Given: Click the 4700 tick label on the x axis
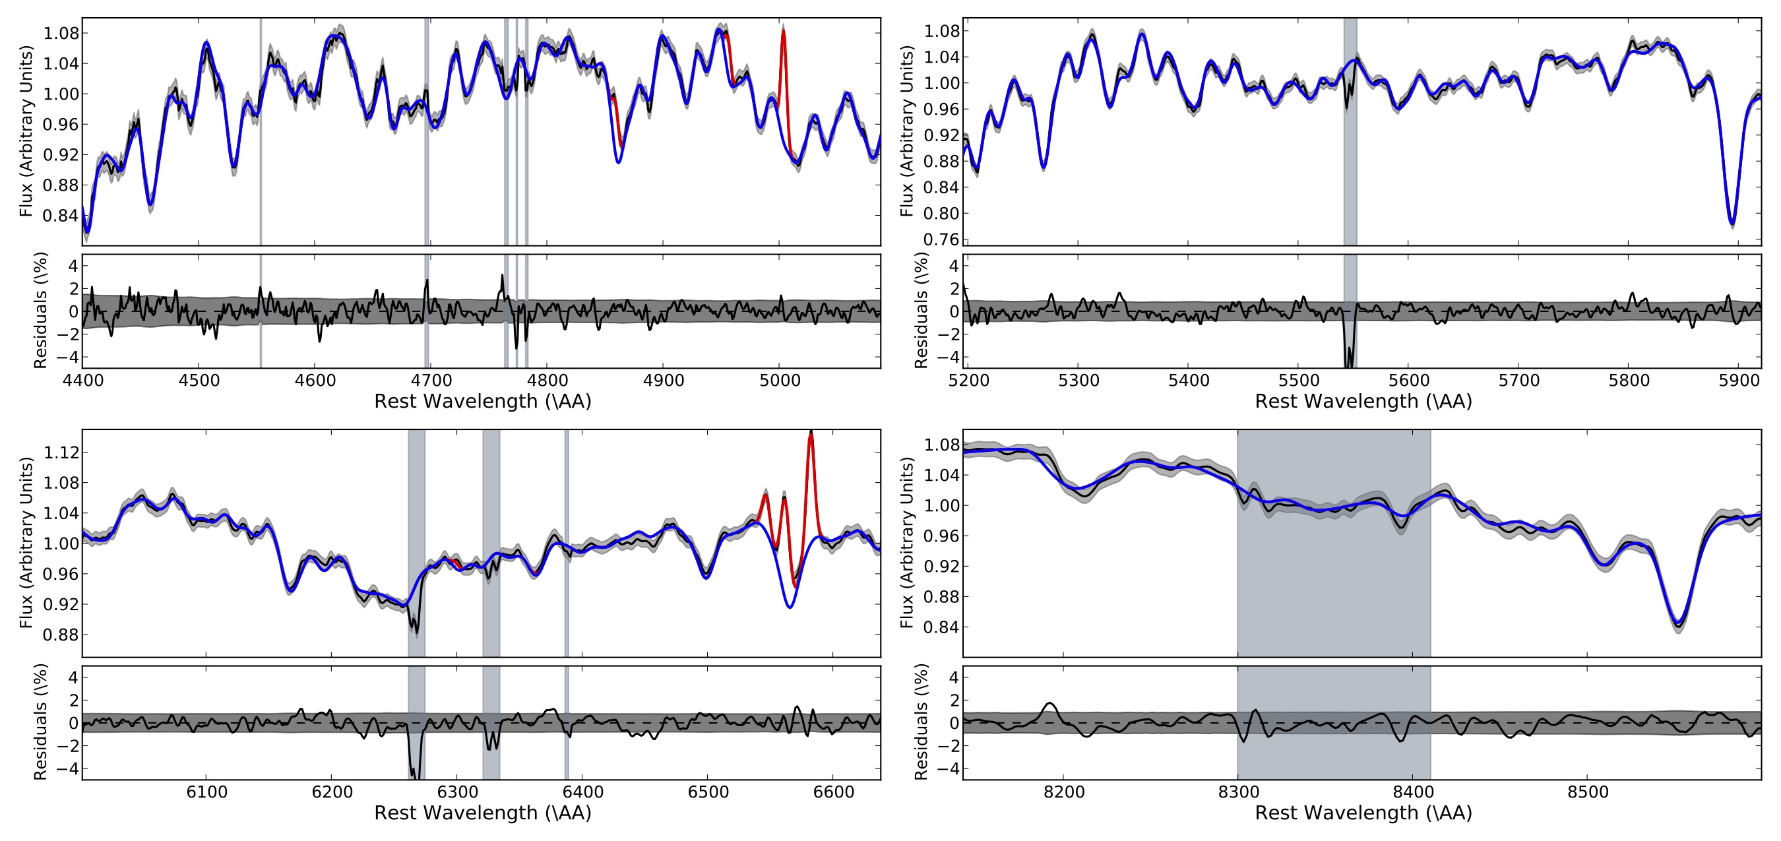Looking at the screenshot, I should point(431,380).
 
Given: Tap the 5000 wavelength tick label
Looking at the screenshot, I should point(779,380).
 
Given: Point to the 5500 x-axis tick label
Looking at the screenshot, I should point(1298,380).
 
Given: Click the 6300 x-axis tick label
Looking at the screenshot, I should point(458,792).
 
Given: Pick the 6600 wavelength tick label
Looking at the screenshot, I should point(834,792).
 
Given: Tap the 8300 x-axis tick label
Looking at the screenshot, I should point(1237,792).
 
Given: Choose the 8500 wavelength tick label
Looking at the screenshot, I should point(1588,792).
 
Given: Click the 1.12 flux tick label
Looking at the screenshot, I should point(61,452).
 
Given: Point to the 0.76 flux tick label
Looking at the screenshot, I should point(941,239).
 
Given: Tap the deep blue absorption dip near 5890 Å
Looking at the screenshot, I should point(1732,223).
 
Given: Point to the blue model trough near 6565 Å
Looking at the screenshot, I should point(790,607).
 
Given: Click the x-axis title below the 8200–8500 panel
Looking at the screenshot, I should point(1363,813).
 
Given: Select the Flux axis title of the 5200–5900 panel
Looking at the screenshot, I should point(907,131).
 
